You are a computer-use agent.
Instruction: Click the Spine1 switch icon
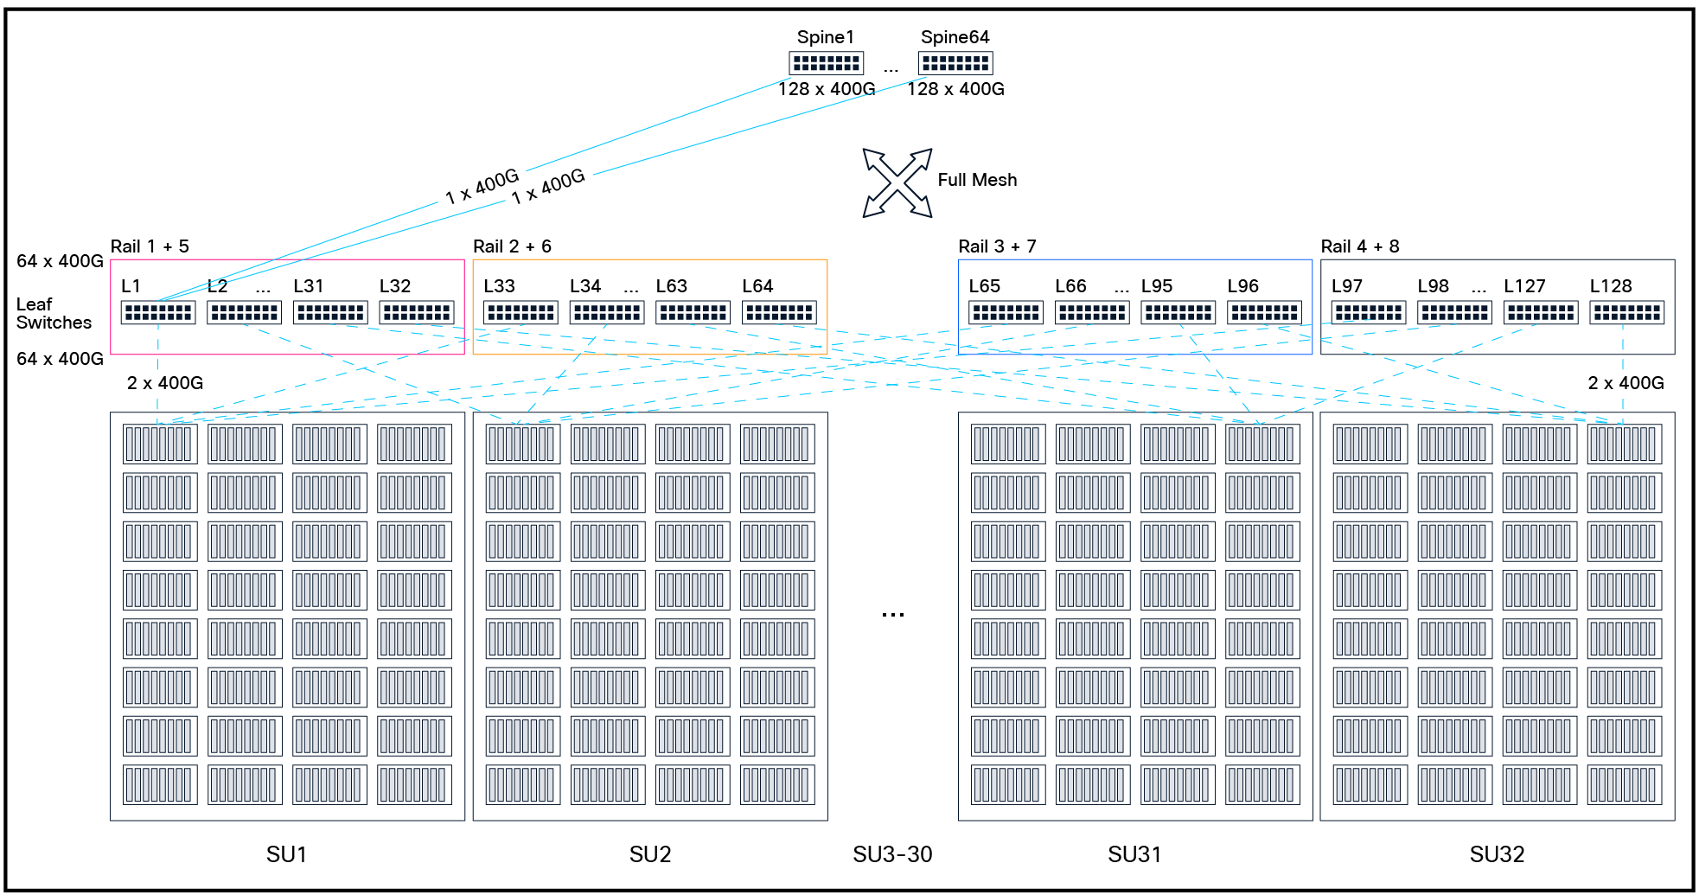tap(826, 63)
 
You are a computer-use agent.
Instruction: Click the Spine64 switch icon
tap(955, 63)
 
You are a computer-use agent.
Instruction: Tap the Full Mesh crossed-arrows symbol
tap(897, 182)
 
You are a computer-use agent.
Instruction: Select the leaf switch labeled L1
tap(157, 312)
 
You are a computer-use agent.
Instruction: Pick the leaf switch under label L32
tap(417, 312)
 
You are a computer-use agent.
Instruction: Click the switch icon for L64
tap(779, 312)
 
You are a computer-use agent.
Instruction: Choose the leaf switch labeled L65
tap(1006, 312)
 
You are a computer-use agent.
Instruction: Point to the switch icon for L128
tap(1626, 312)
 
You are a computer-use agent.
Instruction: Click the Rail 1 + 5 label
tap(150, 246)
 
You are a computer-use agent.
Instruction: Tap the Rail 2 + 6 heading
tap(512, 246)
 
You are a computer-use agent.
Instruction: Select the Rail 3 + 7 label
tap(996, 246)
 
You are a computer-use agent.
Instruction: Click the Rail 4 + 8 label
tap(1359, 246)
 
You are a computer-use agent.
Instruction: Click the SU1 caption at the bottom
tap(286, 854)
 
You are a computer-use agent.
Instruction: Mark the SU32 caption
tap(1497, 854)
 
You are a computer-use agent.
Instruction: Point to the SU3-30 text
tap(892, 854)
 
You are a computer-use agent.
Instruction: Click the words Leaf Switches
tap(53, 313)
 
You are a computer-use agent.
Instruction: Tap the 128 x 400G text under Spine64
tap(955, 89)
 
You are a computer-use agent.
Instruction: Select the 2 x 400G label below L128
tap(1626, 383)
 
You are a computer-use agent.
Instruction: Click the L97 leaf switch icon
tap(1368, 312)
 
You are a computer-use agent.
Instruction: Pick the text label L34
tap(584, 286)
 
